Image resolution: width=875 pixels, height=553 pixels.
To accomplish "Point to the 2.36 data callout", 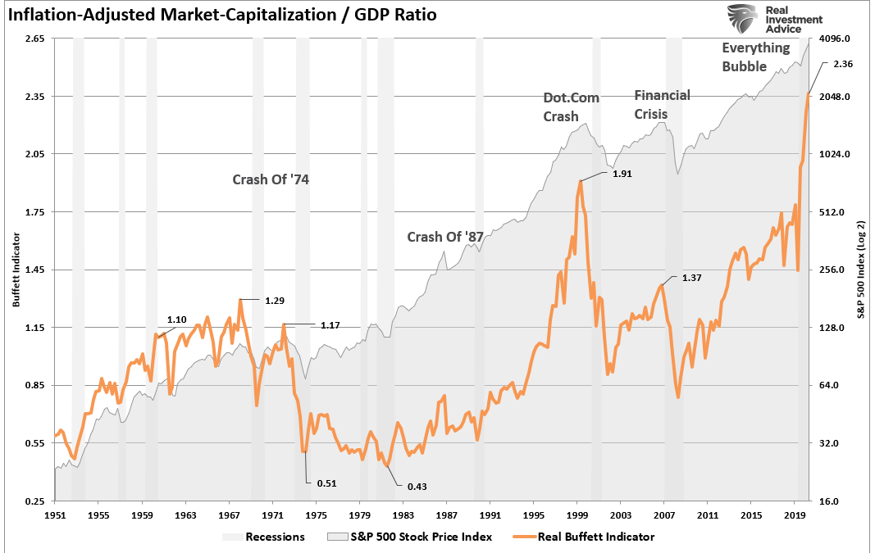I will (844, 63).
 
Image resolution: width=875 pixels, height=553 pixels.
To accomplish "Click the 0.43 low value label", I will (417, 487).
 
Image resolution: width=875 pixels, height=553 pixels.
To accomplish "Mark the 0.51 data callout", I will (327, 483).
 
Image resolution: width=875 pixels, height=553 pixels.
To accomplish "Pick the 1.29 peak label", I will (274, 301).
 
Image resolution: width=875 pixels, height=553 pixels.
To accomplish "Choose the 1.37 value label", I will (691, 278).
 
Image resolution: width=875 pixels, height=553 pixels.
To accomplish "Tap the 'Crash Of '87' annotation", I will (445, 237).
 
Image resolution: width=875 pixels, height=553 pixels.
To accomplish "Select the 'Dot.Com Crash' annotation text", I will (572, 107).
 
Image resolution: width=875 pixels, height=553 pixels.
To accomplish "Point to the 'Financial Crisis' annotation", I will (662, 104).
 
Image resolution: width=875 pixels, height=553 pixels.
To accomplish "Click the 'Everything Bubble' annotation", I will (754, 57).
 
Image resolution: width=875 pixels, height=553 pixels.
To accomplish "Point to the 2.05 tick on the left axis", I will (34, 154).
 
